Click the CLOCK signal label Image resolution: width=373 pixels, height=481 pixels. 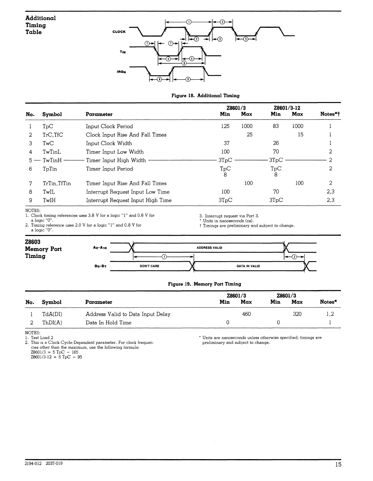(x=119, y=32)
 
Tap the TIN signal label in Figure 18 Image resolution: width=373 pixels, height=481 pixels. (x=122, y=52)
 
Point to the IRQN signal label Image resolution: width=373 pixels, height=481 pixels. (x=121, y=72)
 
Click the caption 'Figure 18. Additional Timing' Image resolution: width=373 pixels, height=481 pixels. (x=205, y=96)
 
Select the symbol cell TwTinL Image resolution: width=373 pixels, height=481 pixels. (x=51, y=152)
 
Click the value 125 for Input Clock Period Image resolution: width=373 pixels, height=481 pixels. (x=225, y=126)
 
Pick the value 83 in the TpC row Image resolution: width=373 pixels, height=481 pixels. (x=276, y=126)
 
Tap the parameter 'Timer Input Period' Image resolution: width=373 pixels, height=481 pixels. (x=109, y=169)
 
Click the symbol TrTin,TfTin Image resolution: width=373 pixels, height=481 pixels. (x=57, y=183)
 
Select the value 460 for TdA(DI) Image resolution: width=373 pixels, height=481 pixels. (x=246, y=314)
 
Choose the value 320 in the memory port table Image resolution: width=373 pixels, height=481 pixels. (x=297, y=314)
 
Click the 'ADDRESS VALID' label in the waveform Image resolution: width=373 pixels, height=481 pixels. (x=209, y=248)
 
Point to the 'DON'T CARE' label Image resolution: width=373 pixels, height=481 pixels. (x=149, y=266)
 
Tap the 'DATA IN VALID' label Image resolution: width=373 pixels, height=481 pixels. (x=248, y=266)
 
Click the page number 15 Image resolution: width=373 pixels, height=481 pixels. (x=338, y=464)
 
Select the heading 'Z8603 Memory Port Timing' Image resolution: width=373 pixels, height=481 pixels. (x=43, y=249)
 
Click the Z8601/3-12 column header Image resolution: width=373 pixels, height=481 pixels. (x=286, y=108)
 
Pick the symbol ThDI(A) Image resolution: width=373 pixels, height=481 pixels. (x=52, y=323)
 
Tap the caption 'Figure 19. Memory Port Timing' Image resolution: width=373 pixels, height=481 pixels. (x=204, y=284)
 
